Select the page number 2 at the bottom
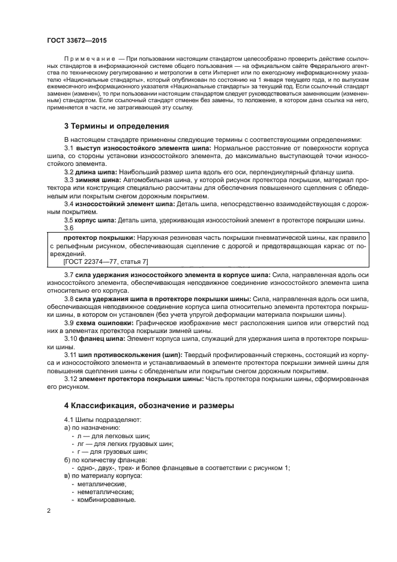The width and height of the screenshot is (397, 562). [49, 511]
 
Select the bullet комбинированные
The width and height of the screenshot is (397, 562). [103, 500]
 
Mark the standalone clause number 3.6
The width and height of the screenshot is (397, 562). [69, 228]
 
